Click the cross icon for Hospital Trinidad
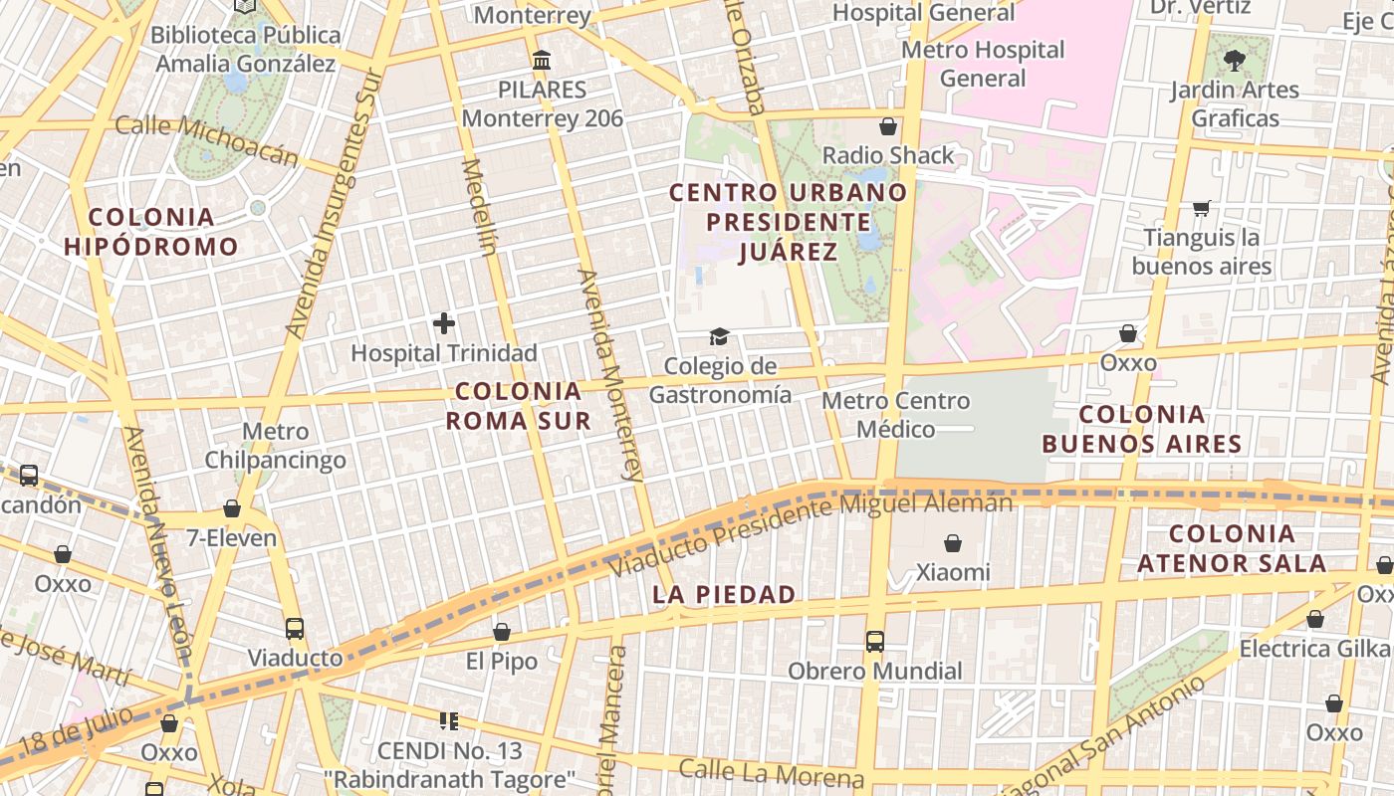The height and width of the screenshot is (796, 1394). click(x=444, y=323)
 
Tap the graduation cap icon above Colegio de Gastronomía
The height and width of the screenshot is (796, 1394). click(x=718, y=337)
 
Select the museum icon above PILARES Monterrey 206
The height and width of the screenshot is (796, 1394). click(x=542, y=61)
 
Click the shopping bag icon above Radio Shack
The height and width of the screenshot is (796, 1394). click(x=887, y=126)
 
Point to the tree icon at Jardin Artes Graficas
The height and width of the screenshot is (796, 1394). click(x=1235, y=60)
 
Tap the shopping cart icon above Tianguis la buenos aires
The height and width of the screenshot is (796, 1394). click(x=1202, y=208)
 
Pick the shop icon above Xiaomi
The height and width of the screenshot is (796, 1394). click(x=953, y=543)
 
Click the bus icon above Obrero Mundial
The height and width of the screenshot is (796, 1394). click(x=874, y=642)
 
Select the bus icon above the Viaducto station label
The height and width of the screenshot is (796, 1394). click(x=295, y=629)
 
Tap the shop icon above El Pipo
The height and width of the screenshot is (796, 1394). click(x=502, y=632)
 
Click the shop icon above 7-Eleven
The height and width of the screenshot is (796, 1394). click(x=232, y=508)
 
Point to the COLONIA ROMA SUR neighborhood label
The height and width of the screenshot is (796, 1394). click(x=518, y=406)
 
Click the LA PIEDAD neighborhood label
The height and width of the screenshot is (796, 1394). click(x=724, y=595)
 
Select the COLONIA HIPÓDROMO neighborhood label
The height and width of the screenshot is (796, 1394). click(x=151, y=232)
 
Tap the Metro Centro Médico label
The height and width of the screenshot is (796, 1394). click(x=896, y=415)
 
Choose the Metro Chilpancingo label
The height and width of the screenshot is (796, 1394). click(x=275, y=446)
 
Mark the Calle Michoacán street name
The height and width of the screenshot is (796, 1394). click(x=206, y=140)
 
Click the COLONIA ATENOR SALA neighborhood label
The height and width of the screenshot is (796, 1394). click(x=1232, y=548)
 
